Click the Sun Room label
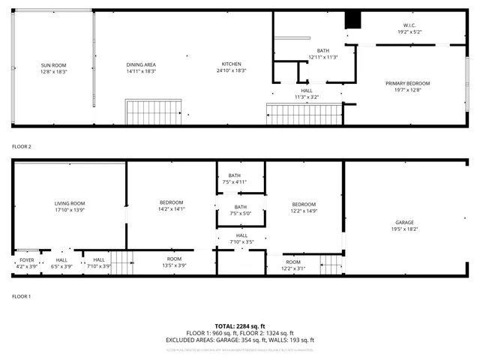click(53, 65)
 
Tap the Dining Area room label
click(141, 65)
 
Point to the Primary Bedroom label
click(408, 83)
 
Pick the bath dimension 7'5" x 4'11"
click(240, 182)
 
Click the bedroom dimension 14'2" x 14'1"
click(171, 209)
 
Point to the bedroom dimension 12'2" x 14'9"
click(304, 210)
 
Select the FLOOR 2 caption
click(21, 146)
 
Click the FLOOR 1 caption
click(21, 296)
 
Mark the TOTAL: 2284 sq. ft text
click(240, 326)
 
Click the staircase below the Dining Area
click(153, 112)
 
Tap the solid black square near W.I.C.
click(352, 21)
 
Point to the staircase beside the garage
click(331, 264)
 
